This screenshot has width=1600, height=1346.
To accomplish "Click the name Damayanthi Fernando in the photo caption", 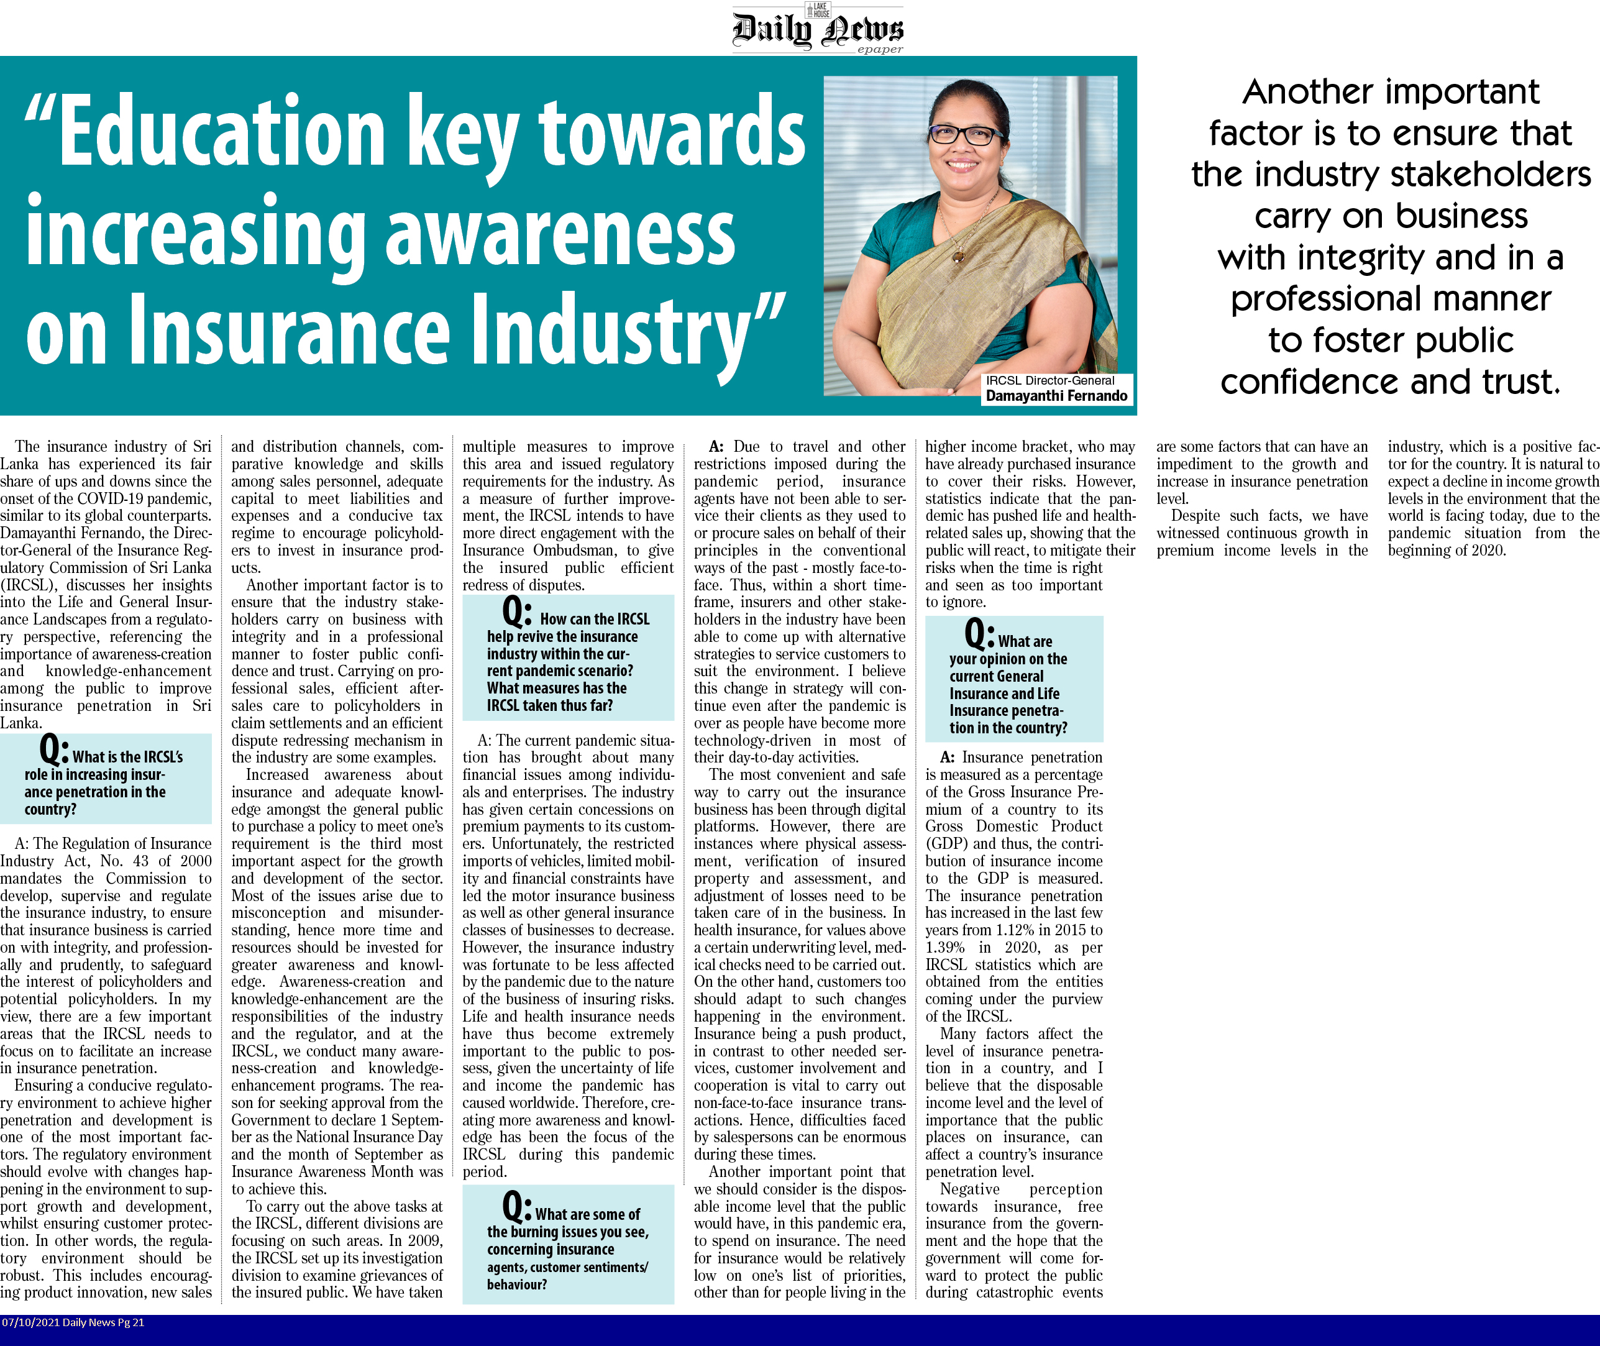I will point(1056,396).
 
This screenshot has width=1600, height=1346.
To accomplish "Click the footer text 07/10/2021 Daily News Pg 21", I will point(73,1322).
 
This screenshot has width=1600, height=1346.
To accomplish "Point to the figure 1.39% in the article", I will point(944,948).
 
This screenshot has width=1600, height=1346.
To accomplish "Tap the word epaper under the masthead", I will point(880,50).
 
